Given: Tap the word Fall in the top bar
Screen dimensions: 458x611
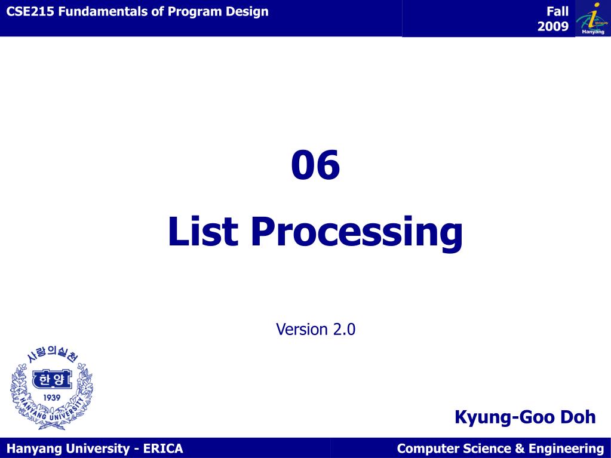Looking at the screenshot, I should [x=557, y=11].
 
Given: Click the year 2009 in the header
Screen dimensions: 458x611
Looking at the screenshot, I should [x=553, y=26].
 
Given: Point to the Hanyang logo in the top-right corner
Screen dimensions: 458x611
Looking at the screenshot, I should [x=592, y=19].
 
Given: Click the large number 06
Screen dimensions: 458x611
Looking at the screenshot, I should [x=315, y=165].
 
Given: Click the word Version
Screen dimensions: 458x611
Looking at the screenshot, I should [x=302, y=329].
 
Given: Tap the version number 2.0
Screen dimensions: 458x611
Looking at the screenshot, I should [x=345, y=329].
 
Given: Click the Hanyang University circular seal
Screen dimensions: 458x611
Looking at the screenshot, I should [x=51, y=388].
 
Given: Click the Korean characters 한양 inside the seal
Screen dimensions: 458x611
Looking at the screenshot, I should [x=51, y=379].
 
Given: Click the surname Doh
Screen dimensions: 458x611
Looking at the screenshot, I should [x=578, y=417].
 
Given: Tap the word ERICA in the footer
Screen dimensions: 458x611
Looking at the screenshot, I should [x=163, y=448].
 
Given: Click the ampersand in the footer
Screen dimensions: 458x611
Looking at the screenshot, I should [x=519, y=448].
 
